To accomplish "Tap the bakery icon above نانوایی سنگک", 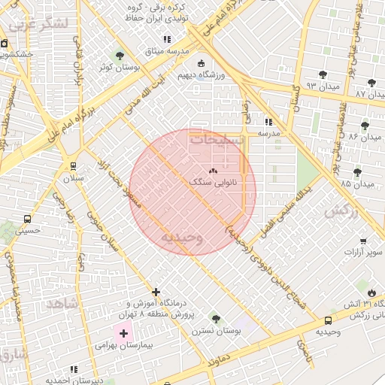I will [x=214, y=171].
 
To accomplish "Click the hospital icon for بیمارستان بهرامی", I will [x=123, y=332].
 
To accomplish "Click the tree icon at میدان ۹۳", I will [x=323, y=74].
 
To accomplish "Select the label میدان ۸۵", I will [x=356, y=183].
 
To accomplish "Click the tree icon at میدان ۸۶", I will [x=365, y=126].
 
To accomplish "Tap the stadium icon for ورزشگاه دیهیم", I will [x=201, y=63].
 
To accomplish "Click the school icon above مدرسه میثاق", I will [x=167, y=38].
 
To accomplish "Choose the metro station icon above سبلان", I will [x=73, y=166].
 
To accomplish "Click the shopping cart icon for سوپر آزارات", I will [x=363, y=241].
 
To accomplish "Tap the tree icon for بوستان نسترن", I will [x=217, y=318].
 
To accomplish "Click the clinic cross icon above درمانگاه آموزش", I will [x=156, y=292].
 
